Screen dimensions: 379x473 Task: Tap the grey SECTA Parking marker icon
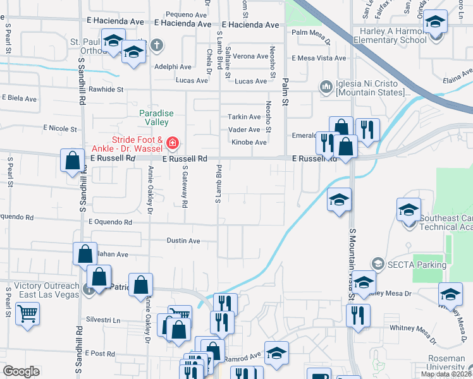(x=378, y=263)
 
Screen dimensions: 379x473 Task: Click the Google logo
(x=21, y=371)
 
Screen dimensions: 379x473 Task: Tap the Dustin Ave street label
(x=183, y=241)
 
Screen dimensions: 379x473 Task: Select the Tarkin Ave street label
(x=245, y=117)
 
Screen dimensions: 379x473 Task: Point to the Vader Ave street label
(x=245, y=129)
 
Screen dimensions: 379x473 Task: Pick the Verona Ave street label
(x=250, y=56)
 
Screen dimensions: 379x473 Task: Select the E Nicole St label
(x=58, y=128)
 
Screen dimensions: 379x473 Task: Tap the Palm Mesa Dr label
(x=310, y=32)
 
